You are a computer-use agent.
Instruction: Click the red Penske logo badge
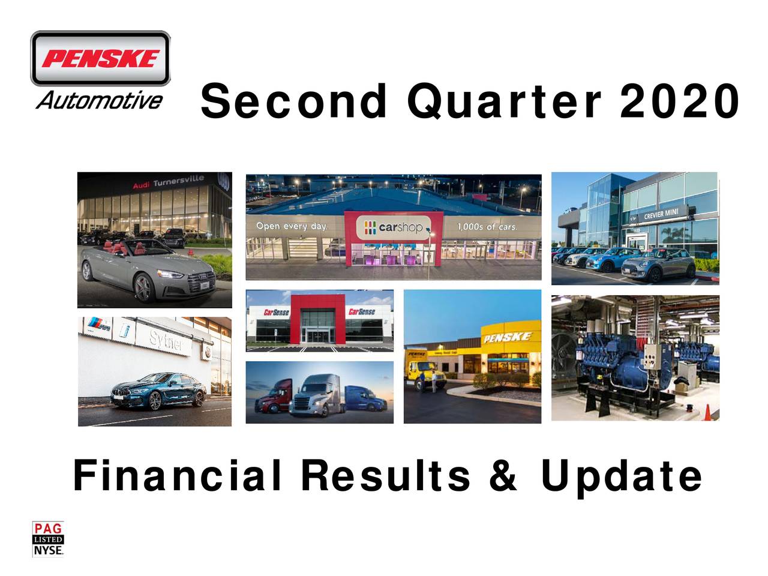point(100,59)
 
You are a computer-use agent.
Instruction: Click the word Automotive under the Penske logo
point(99,100)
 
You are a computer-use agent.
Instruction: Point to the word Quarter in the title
point(504,102)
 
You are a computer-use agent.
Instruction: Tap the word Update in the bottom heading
point(621,476)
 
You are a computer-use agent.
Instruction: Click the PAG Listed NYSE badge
point(47,539)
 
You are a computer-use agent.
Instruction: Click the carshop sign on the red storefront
point(393,228)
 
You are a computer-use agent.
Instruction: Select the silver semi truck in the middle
point(316,396)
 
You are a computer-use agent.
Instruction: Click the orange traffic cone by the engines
point(707,413)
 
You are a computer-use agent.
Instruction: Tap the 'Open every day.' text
point(292,226)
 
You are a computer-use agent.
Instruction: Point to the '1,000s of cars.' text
point(487,226)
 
